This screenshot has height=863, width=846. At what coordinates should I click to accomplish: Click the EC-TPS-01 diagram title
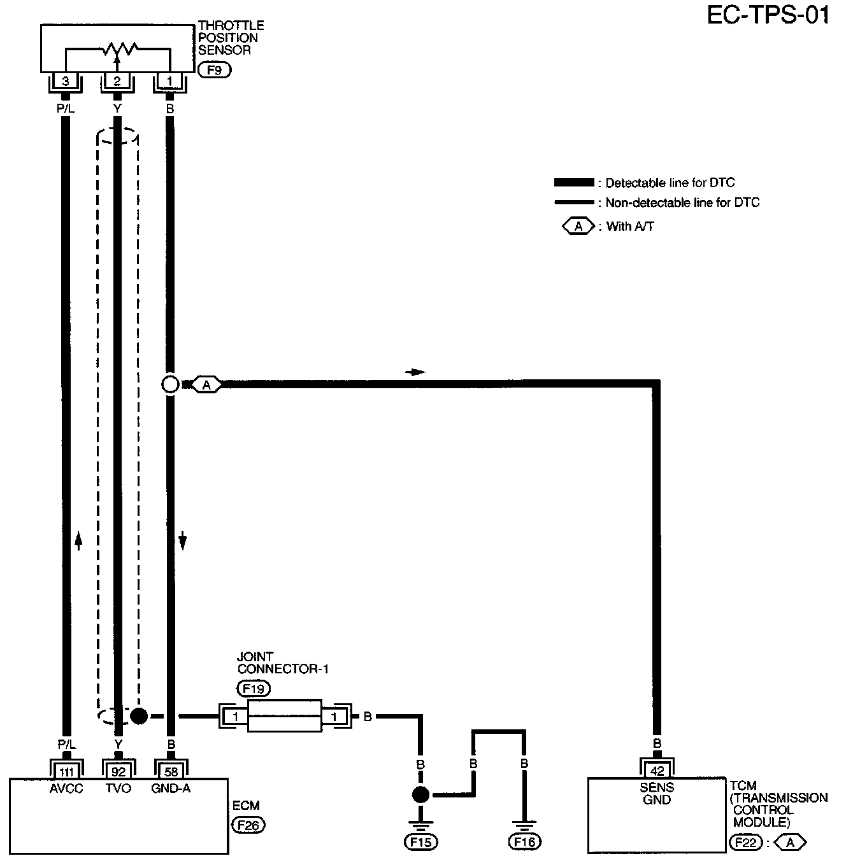pos(768,15)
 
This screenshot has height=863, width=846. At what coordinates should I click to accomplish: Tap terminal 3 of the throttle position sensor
pos(65,81)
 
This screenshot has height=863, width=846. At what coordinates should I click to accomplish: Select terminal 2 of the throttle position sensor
pos(117,81)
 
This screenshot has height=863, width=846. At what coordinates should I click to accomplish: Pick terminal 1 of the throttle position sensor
pos(169,81)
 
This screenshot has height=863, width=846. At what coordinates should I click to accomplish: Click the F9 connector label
pos(214,70)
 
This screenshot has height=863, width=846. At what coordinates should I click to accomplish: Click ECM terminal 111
pos(66,771)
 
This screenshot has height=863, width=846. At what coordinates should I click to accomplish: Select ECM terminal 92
pos(118,771)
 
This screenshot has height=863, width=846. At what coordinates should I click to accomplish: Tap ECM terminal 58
pos(171,771)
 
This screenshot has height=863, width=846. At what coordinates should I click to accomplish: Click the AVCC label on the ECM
pos(66,789)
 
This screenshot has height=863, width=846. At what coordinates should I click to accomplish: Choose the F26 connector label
pos(248,825)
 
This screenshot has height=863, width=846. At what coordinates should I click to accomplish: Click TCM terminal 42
pos(657,771)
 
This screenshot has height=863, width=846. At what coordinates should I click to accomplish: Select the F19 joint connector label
pos(253,688)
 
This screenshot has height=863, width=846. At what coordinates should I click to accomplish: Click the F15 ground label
pos(420,842)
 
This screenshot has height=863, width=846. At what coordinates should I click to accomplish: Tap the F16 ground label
pos(524,842)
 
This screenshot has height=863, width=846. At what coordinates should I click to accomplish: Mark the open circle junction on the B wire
pos(170,384)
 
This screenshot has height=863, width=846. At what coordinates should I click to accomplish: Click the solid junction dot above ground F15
pos(420,794)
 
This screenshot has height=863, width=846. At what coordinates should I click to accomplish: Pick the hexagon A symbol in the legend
pos(578,226)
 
